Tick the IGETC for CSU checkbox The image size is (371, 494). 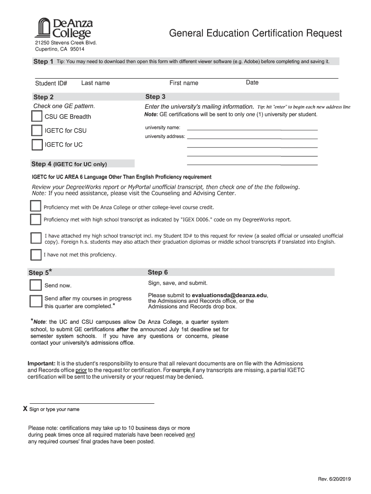tap(37, 131)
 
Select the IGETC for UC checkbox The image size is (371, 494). tap(37, 145)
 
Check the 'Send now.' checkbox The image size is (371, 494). tap(36, 285)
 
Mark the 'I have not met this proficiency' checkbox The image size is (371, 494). tap(36, 255)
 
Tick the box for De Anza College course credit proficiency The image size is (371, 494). tap(36, 207)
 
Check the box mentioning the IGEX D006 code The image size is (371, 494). tap(36, 220)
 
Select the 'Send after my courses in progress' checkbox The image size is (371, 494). tap(36, 302)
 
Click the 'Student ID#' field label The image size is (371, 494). tap(51, 83)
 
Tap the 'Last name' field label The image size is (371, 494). tap(95, 83)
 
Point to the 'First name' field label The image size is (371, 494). tap(184, 83)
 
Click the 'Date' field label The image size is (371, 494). tap(252, 82)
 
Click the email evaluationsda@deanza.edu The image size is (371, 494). tap(229, 295)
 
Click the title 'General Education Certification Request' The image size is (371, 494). tap(255, 33)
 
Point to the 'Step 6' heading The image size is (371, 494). tap(158, 273)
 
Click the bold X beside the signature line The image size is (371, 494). tap(26, 409)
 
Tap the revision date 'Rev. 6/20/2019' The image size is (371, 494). tap(335, 479)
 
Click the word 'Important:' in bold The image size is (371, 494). tap(41, 363)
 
